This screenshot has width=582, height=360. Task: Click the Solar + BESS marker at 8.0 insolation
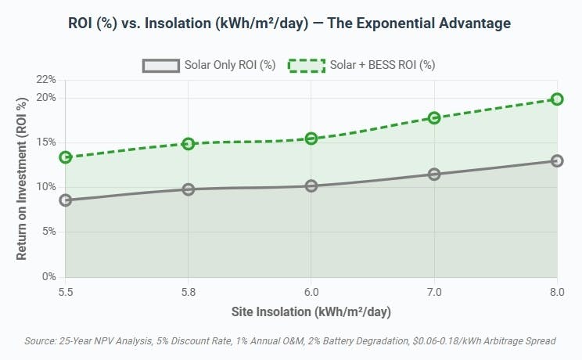557,99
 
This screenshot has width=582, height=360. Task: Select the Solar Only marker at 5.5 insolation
66,200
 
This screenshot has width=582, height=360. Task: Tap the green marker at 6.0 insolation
311,139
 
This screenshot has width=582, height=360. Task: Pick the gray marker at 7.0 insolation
434,174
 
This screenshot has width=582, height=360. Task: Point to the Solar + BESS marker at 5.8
189,144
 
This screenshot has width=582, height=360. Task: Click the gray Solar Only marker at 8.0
557,160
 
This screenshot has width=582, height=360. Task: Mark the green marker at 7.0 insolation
434,117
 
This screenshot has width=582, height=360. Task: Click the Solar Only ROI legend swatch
161,65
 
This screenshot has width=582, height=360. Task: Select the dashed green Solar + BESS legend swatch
307,65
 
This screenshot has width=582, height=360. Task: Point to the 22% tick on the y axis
46,80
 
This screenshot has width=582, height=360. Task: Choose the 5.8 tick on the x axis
189,291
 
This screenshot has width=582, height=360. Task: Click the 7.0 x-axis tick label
434,291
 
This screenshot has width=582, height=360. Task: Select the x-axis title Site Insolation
311,311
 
